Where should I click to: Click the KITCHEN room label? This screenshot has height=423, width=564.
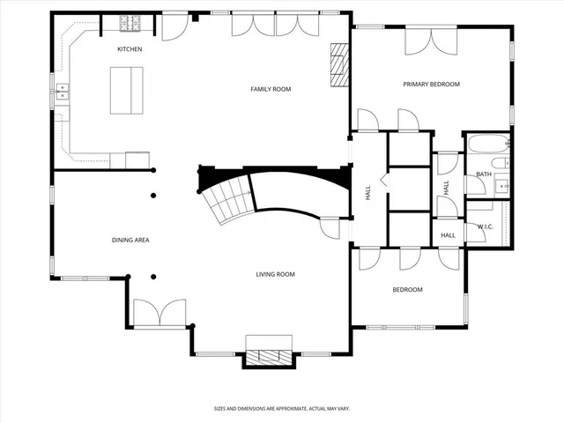tap(130, 49)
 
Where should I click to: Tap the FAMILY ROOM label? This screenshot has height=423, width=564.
tap(271, 89)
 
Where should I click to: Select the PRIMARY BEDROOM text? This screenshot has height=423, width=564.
tap(432, 85)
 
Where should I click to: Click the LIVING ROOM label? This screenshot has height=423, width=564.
tap(275, 275)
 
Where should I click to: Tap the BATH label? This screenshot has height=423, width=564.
tap(484, 174)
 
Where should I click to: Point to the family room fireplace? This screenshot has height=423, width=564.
tap(339, 66)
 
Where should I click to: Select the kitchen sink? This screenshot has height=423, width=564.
tap(63, 89)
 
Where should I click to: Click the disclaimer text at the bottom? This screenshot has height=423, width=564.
tap(281, 408)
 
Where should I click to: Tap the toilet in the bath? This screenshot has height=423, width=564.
tap(499, 164)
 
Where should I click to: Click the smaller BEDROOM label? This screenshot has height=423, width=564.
tap(407, 290)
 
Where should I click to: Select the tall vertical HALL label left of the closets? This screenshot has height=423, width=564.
tap(368, 192)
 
